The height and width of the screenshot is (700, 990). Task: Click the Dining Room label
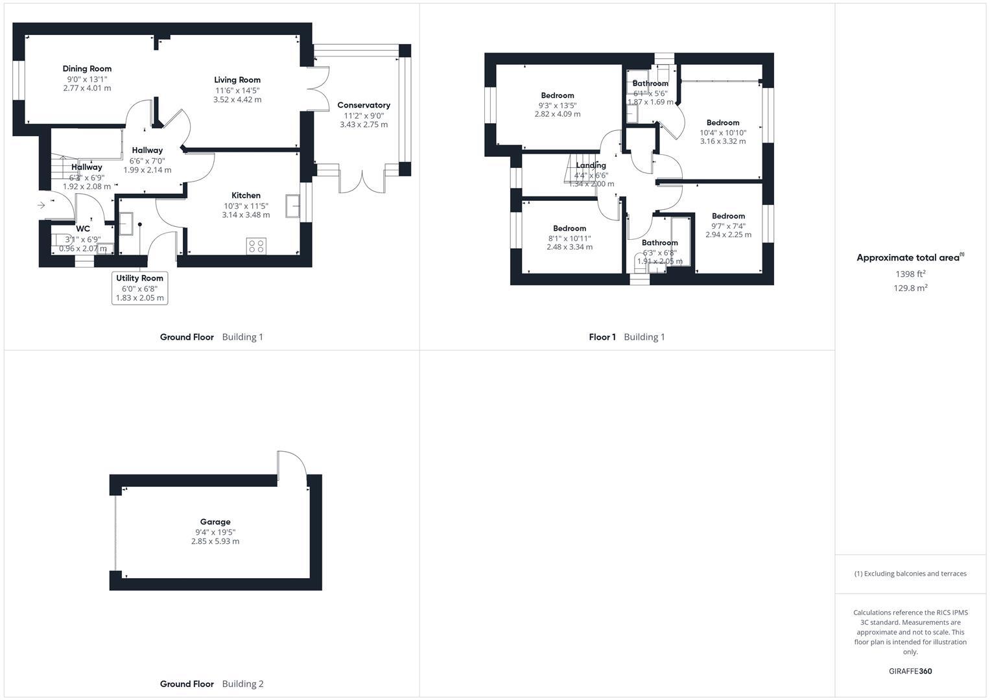tap(87, 69)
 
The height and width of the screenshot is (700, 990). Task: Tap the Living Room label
tap(237, 80)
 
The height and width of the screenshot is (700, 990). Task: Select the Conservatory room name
tap(364, 105)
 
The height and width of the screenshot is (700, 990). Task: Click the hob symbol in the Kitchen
tap(256, 246)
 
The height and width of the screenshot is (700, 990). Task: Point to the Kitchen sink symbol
tap(292, 206)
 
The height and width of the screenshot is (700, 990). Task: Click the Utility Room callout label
tap(139, 279)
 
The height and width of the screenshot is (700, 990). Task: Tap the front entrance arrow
tap(41, 205)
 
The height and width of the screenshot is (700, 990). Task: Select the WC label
tap(83, 229)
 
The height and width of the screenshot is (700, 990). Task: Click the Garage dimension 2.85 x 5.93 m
tap(215, 541)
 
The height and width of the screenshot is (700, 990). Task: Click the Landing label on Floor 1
tap(591, 165)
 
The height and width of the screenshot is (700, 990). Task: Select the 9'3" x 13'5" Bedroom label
tap(558, 96)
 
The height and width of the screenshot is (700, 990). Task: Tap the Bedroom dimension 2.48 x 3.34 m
tap(569, 247)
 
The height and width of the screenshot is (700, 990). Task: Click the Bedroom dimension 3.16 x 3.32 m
tap(722, 141)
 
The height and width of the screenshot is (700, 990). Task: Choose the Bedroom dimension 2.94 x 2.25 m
tap(728, 235)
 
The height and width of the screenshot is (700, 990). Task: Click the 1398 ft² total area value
tap(910, 274)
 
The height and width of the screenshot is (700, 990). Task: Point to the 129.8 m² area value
tap(910, 288)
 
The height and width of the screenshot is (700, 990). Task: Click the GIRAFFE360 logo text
tap(910, 671)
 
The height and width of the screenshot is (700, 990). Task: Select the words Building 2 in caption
tap(242, 684)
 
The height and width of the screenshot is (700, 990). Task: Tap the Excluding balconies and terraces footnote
tap(910, 574)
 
